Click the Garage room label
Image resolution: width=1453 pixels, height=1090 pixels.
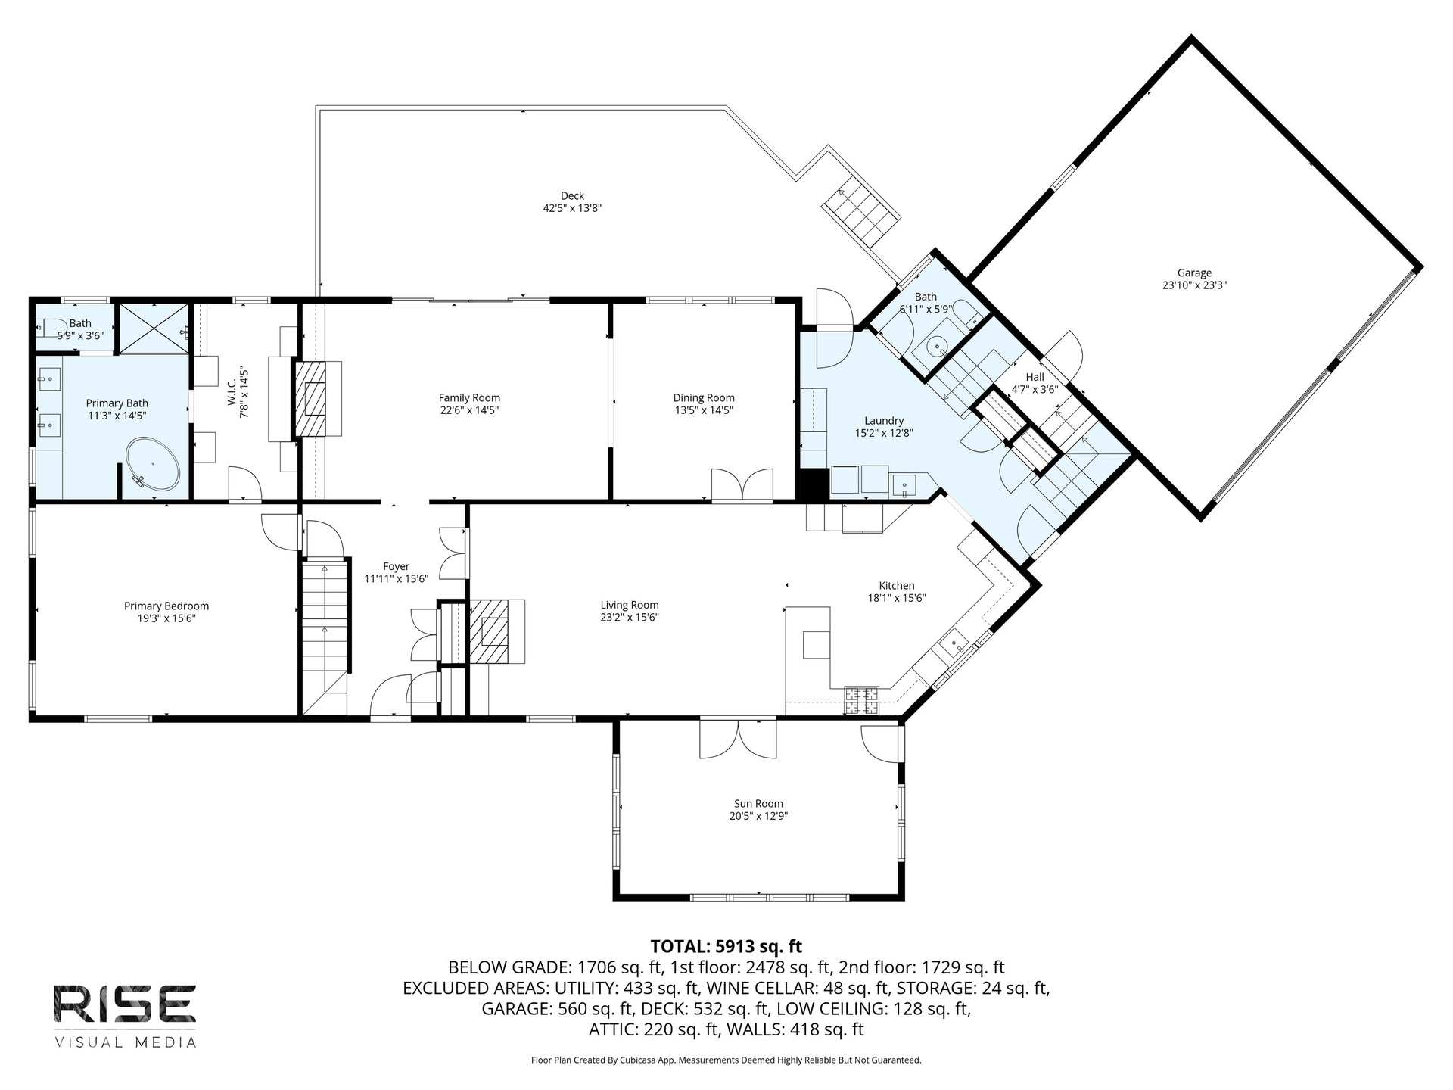[1194, 272]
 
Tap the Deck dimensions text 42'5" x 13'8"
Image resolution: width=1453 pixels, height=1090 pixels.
[572, 208]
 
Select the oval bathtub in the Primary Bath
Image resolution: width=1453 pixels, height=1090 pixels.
[153, 465]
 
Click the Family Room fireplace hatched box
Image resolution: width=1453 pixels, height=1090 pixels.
[310, 398]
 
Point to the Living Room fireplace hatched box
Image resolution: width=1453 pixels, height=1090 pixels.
[490, 632]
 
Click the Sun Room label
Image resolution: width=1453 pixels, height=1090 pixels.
[758, 804]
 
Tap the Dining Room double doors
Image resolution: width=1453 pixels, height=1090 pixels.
[742, 485]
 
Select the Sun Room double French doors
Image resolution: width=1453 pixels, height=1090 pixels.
[738, 739]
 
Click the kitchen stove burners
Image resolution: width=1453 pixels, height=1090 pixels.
[862, 700]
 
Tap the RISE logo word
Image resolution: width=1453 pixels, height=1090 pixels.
[125, 1004]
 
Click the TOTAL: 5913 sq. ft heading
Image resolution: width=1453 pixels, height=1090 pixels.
[726, 946]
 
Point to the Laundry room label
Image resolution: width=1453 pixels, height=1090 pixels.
[884, 421]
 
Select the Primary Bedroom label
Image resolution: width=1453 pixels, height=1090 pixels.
[166, 606]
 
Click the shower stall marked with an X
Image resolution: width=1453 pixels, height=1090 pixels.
[154, 329]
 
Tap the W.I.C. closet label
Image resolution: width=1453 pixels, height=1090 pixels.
[232, 398]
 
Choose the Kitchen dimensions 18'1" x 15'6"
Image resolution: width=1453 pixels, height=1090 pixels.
[897, 598]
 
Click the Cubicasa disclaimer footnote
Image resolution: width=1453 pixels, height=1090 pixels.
[726, 1060]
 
